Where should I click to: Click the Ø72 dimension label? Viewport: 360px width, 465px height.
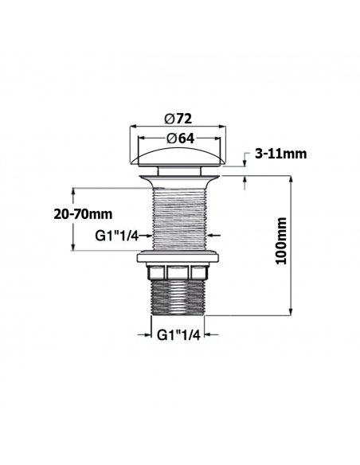click(x=178, y=119)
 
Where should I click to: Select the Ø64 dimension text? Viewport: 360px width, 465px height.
click(x=180, y=139)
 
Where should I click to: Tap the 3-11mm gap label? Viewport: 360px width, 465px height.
click(x=281, y=154)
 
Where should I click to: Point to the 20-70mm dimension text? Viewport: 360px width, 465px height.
click(x=83, y=214)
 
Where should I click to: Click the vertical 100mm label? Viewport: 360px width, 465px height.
click(x=281, y=240)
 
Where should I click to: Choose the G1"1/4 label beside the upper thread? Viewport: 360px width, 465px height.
click(x=117, y=236)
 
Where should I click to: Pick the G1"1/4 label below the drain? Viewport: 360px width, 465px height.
click(x=178, y=334)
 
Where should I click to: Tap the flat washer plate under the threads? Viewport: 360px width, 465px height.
click(x=178, y=258)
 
